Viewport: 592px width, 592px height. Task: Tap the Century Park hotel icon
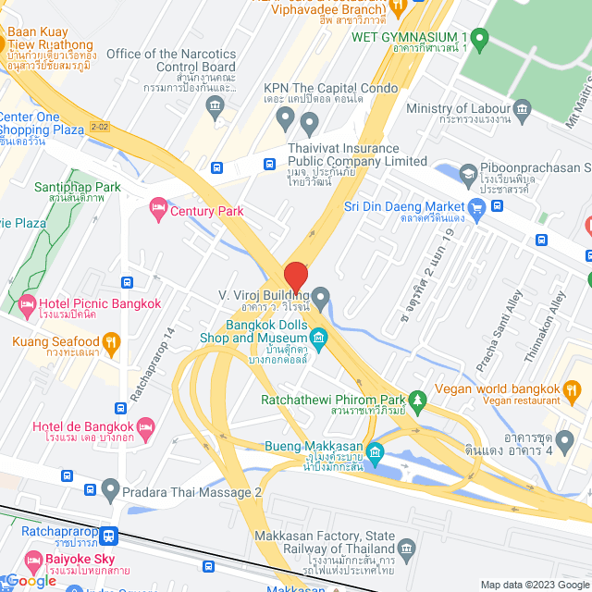pos(156,211)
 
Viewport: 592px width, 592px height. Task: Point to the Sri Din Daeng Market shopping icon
pos(476,206)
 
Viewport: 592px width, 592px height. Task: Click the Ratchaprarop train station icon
pos(110,534)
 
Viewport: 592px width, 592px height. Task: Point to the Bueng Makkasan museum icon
pos(375,452)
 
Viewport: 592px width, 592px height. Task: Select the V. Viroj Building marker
pos(321,298)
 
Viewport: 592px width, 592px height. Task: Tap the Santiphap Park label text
pos(78,187)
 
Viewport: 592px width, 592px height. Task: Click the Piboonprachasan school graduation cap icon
pos(468,173)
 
